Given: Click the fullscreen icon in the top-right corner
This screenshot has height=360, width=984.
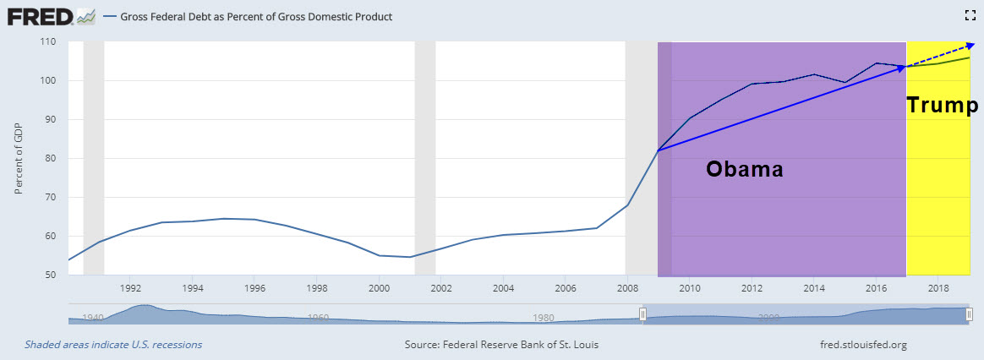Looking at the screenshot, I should [x=970, y=14].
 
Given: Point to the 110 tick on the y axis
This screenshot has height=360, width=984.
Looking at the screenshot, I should [x=47, y=41].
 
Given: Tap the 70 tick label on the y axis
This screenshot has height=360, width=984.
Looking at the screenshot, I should [x=49, y=197].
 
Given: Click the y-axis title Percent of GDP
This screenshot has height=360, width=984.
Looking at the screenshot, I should [x=19, y=160].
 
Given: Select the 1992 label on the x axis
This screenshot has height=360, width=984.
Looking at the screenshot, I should [x=131, y=288].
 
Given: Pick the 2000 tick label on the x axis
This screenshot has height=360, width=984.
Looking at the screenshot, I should [x=379, y=288].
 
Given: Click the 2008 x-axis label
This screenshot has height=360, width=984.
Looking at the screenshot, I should [x=627, y=288].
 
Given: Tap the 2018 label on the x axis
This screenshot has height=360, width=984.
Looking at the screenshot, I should [x=938, y=288].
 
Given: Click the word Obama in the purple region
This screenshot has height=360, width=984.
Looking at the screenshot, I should [x=745, y=169].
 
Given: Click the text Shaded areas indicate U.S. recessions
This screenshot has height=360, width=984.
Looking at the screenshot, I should [x=113, y=345].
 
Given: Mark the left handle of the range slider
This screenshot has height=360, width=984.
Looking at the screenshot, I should [x=642, y=314].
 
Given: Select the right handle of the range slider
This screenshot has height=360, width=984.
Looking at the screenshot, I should [x=969, y=314].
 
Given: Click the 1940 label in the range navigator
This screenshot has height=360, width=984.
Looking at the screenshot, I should [x=92, y=318].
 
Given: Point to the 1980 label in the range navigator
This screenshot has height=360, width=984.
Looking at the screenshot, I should [x=544, y=318].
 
